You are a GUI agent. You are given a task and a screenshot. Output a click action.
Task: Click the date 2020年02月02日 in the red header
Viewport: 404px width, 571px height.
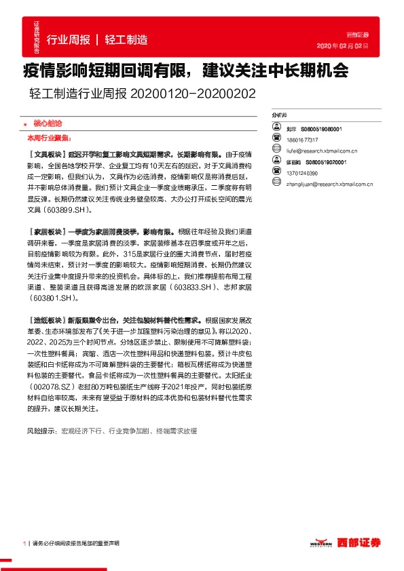click(x=343, y=46)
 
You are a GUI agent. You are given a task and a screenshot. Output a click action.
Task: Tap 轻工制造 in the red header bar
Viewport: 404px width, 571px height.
click(x=127, y=40)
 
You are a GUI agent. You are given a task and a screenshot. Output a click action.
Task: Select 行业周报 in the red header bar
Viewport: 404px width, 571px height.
click(x=69, y=40)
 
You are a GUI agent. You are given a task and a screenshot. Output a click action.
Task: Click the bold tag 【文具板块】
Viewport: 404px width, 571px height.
click(x=46, y=155)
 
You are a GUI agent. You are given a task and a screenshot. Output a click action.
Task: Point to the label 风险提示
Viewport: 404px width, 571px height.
click(x=41, y=431)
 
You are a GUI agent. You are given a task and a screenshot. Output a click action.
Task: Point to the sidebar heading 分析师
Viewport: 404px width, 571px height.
click(x=278, y=116)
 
